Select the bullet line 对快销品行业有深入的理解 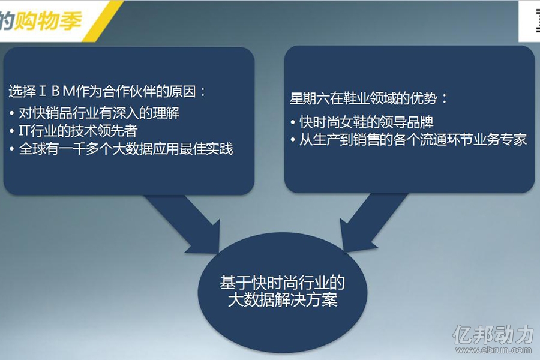click(x=99, y=113)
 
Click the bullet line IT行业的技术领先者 click(x=78, y=131)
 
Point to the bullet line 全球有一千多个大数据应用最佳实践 click(x=126, y=149)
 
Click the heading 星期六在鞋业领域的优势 click(x=363, y=98)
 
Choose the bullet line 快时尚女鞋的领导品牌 click(x=366, y=122)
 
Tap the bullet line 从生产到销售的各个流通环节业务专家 click(x=413, y=140)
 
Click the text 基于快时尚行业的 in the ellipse click(x=282, y=283)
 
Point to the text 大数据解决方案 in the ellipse click(x=283, y=300)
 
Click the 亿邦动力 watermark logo click(x=493, y=334)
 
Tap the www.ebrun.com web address click(x=494, y=350)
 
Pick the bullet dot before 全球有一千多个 click(x=12, y=149)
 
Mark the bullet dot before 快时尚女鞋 click(x=292, y=122)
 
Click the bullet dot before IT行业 click(x=12, y=131)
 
